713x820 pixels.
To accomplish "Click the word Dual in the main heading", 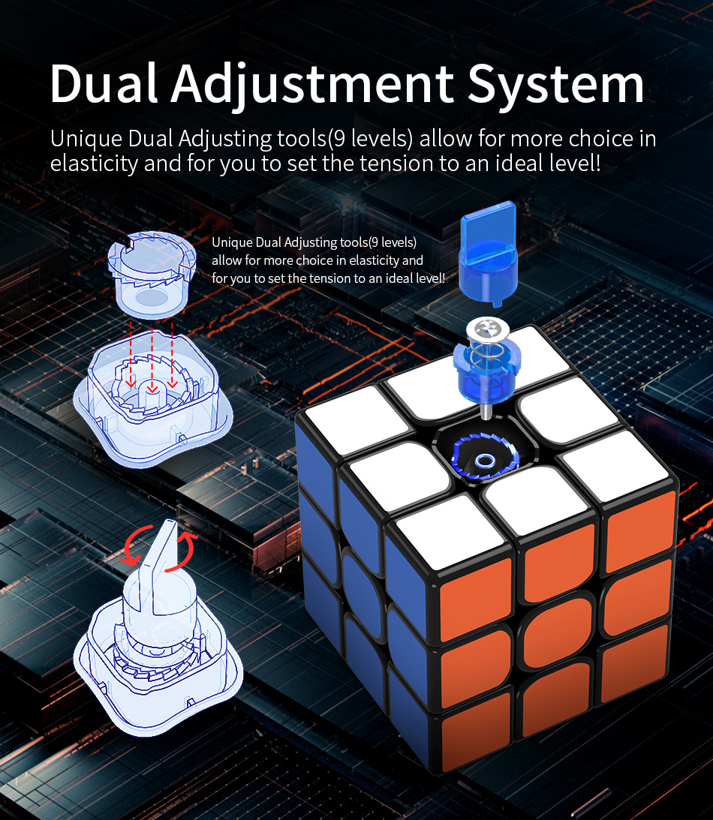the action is click(x=104, y=83).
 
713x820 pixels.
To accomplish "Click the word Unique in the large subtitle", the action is click(x=86, y=139).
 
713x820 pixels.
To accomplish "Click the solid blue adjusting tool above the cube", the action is click(x=488, y=253).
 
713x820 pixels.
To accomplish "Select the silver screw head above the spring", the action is click(x=488, y=329).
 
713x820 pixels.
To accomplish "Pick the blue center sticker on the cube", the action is click(x=361, y=584).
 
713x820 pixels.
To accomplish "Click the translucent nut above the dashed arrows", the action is click(x=152, y=274).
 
